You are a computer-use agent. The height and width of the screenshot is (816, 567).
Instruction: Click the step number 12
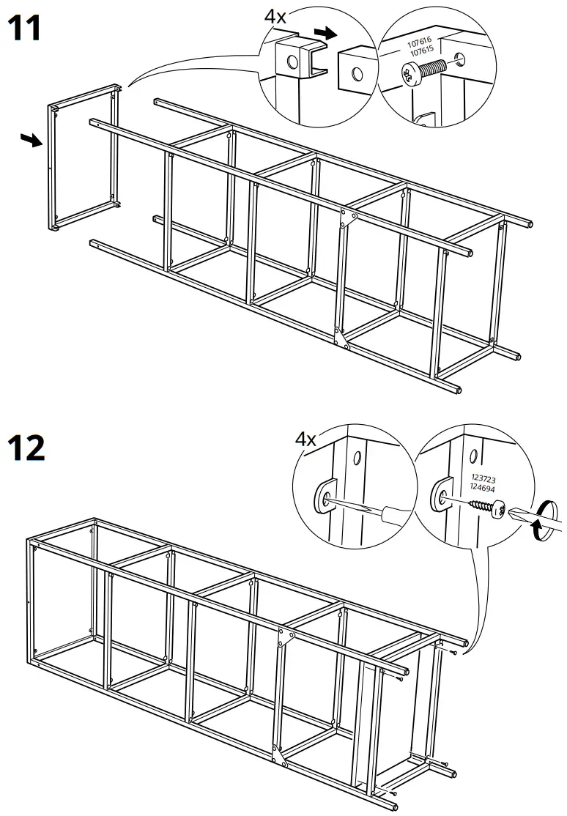click(26, 447)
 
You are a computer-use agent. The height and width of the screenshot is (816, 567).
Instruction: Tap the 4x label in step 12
click(305, 439)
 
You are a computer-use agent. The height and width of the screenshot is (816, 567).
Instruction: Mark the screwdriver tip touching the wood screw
click(514, 513)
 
